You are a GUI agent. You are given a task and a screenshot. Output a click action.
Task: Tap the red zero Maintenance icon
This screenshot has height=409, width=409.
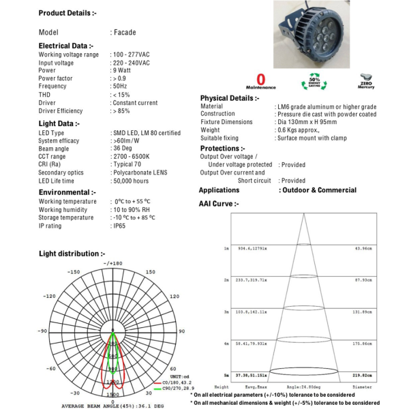(262, 81)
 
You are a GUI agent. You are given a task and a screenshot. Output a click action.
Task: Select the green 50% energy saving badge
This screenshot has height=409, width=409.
(314, 81)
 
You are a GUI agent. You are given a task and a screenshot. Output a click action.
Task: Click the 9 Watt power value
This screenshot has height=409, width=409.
(122, 70)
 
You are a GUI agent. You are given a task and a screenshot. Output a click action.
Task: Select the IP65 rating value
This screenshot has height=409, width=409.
(120, 226)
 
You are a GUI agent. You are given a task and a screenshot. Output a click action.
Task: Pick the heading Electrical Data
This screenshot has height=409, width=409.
(66, 46)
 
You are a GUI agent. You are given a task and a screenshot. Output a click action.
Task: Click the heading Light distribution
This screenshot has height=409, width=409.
(72, 254)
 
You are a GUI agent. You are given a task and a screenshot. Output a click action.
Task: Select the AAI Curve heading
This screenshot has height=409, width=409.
(219, 203)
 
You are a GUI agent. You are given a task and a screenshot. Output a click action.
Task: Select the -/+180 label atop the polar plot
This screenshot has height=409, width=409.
(112, 263)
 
